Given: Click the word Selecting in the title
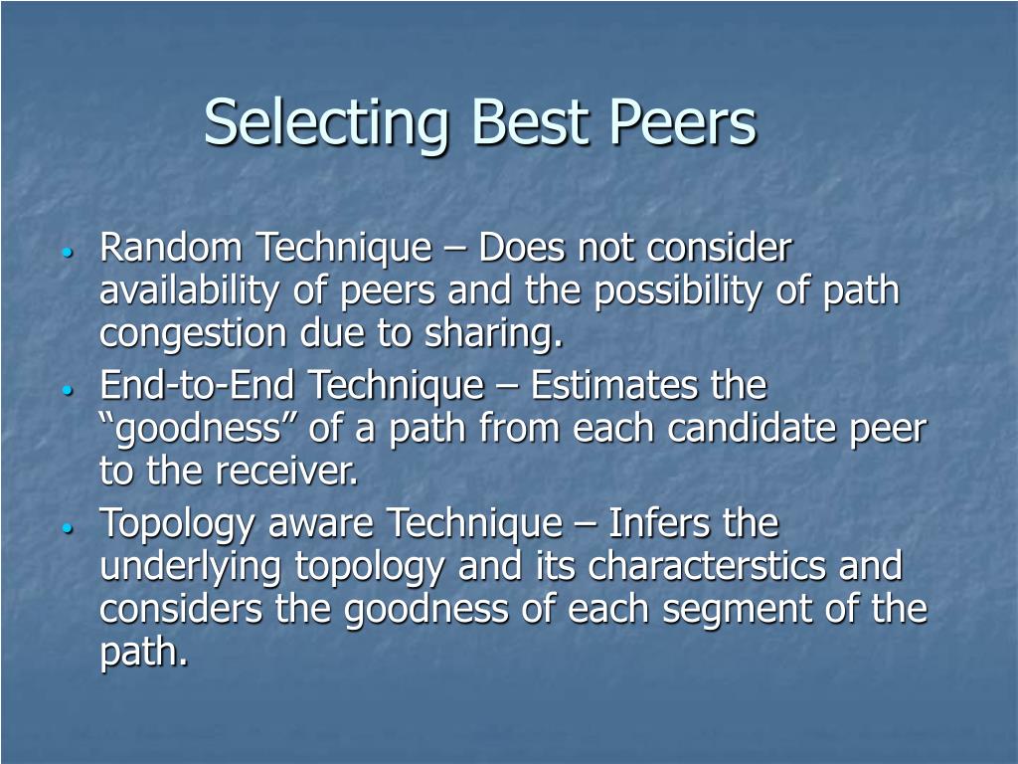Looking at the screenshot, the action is pos(326,122).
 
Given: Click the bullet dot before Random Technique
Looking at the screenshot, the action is pos(67,253).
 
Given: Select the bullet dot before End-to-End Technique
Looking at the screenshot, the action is pos(67,390).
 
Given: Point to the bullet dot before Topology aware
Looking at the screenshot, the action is pos(67,528).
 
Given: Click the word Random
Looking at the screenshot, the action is pos(171,248).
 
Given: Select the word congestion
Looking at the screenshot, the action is pos(194,334).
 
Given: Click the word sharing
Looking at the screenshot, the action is pos(494,334).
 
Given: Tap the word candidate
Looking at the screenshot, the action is pos(752,428).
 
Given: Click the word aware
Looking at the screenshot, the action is pos(321,524).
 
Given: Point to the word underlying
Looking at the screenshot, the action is pos(190,567).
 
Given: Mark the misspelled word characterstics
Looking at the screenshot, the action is pos(707,566).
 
